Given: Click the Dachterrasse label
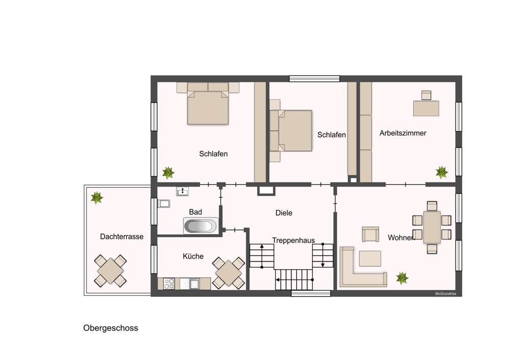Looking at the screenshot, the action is tap(122, 237).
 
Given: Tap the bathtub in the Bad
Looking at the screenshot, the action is tap(200, 226).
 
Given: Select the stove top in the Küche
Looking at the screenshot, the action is tap(169, 284).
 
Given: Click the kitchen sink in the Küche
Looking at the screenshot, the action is tap(194, 284).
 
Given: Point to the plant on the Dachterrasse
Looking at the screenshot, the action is tap(97, 197).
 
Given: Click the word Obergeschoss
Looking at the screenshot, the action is tap(111, 328).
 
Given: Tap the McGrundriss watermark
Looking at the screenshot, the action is tap(446, 294).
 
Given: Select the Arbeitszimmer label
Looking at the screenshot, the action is tap(403, 133).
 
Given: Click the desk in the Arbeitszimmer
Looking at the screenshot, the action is tap(426, 108).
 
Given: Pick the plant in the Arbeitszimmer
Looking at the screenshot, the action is tap(442, 172).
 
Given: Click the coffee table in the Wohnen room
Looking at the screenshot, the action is tap(370, 259).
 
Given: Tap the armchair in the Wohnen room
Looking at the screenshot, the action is tap(370, 234).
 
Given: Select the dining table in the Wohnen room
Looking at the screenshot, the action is tap(432, 227).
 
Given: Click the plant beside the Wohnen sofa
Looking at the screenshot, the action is tap(402, 278).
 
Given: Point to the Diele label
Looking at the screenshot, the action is tap(284, 213).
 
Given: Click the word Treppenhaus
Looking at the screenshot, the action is tap(293, 240).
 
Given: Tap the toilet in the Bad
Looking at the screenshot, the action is tap(164, 203).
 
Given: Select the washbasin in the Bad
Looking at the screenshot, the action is tap(183, 191).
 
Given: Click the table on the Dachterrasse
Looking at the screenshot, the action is tap(110, 271).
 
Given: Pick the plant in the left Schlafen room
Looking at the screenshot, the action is tap(168, 173).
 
